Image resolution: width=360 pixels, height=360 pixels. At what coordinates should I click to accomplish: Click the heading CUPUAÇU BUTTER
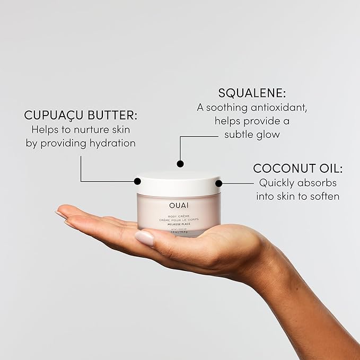click(81, 115)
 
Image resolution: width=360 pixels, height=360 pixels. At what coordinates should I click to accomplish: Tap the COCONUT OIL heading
click(297, 169)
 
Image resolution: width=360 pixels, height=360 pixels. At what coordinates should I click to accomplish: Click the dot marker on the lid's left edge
click(138, 181)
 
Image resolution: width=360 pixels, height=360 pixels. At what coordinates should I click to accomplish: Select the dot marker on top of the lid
click(180, 164)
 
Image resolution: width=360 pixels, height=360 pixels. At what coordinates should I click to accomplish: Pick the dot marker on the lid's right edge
click(218, 183)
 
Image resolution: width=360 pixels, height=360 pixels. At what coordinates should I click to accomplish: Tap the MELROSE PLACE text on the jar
click(179, 224)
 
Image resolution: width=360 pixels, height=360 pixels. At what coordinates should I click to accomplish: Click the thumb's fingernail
click(144, 238)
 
